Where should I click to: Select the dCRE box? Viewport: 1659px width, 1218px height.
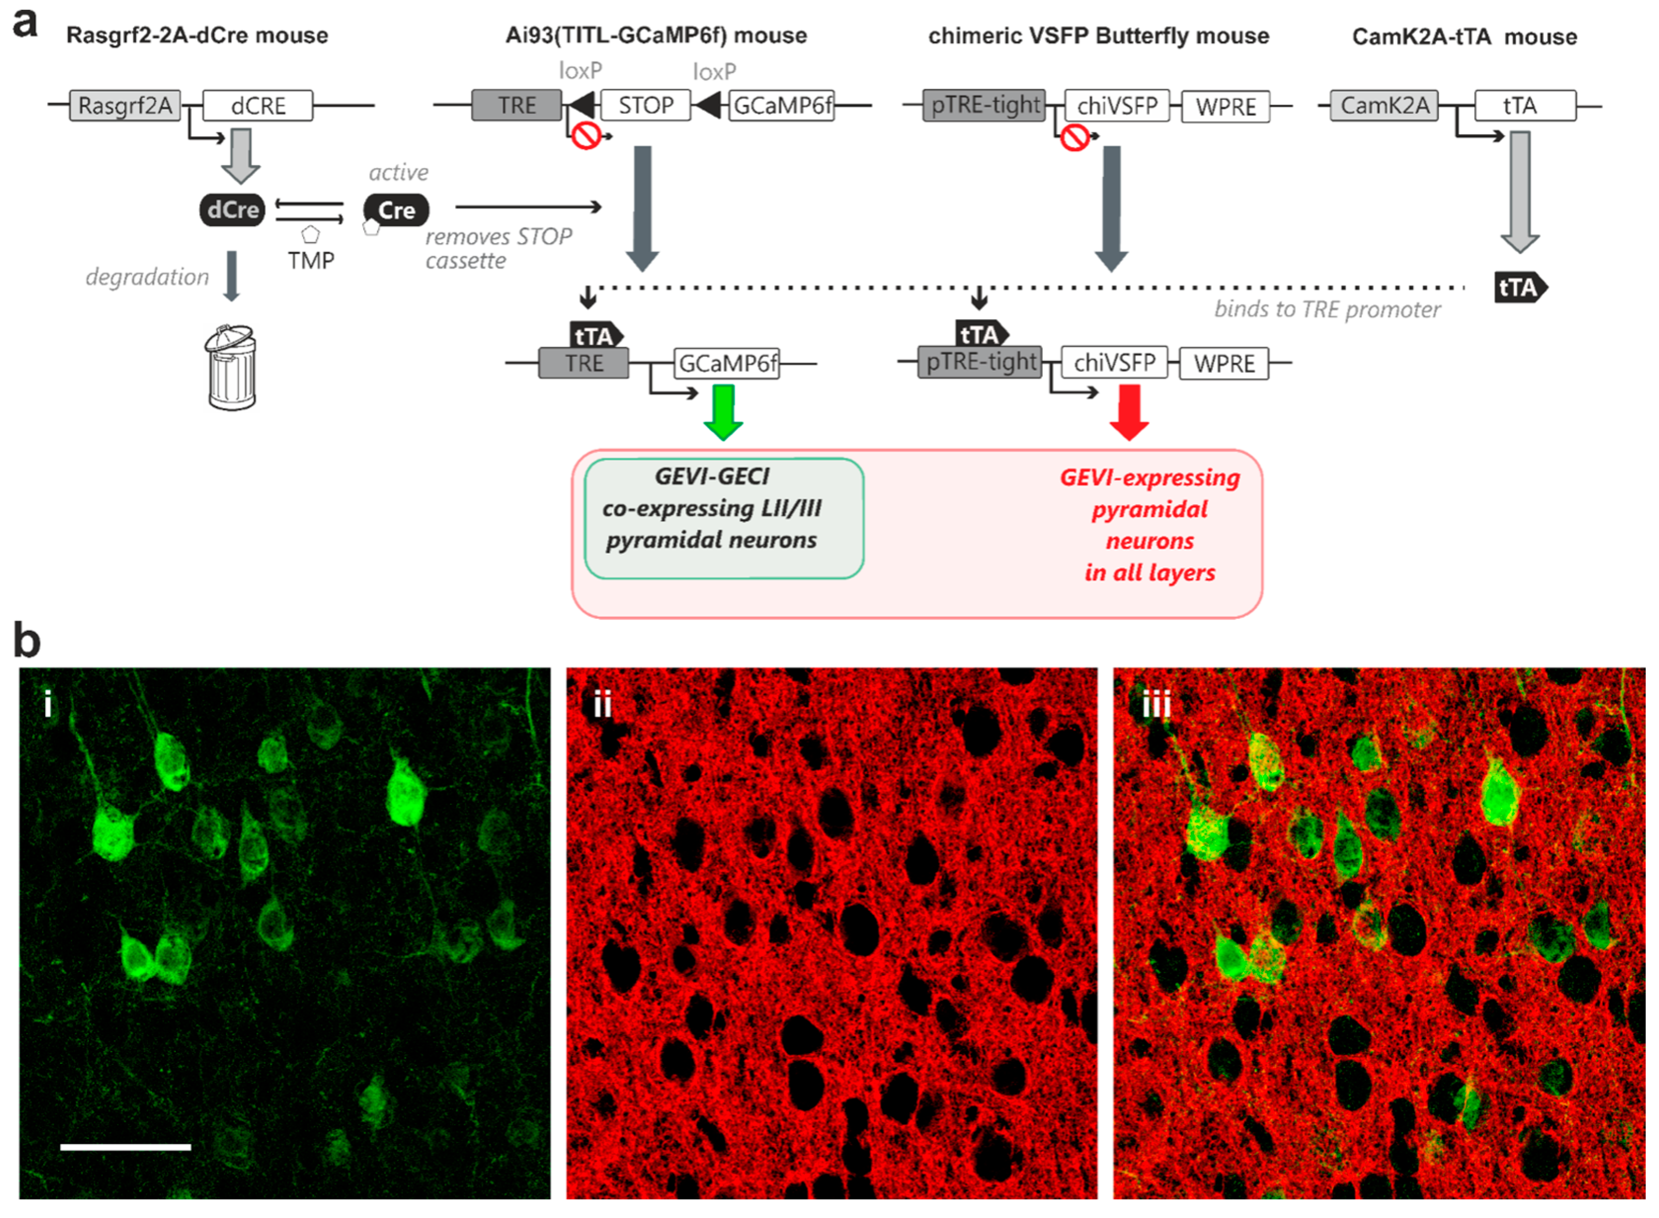(x=257, y=105)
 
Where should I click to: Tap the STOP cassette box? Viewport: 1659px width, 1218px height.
(x=646, y=105)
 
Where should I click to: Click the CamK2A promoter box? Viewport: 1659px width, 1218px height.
(x=1384, y=105)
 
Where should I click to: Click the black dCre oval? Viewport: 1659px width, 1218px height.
(x=232, y=210)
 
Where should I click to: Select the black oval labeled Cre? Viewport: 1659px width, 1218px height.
(x=396, y=210)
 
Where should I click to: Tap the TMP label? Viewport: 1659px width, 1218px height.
(x=311, y=260)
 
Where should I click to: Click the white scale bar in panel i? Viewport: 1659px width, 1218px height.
(x=125, y=1146)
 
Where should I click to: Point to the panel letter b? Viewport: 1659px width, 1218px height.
(x=27, y=640)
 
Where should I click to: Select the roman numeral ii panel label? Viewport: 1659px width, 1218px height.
(x=602, y=705)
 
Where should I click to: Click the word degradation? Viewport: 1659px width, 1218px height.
(x=148, y=277)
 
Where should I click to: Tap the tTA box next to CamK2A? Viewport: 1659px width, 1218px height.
(x=1524, y=105)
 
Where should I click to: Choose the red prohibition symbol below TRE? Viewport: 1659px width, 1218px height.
(x=586, y=136)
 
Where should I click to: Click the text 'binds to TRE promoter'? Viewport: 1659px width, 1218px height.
(x=1327, y=310)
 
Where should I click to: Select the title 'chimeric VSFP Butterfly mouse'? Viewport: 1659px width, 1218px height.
(x=1098, y=36)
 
